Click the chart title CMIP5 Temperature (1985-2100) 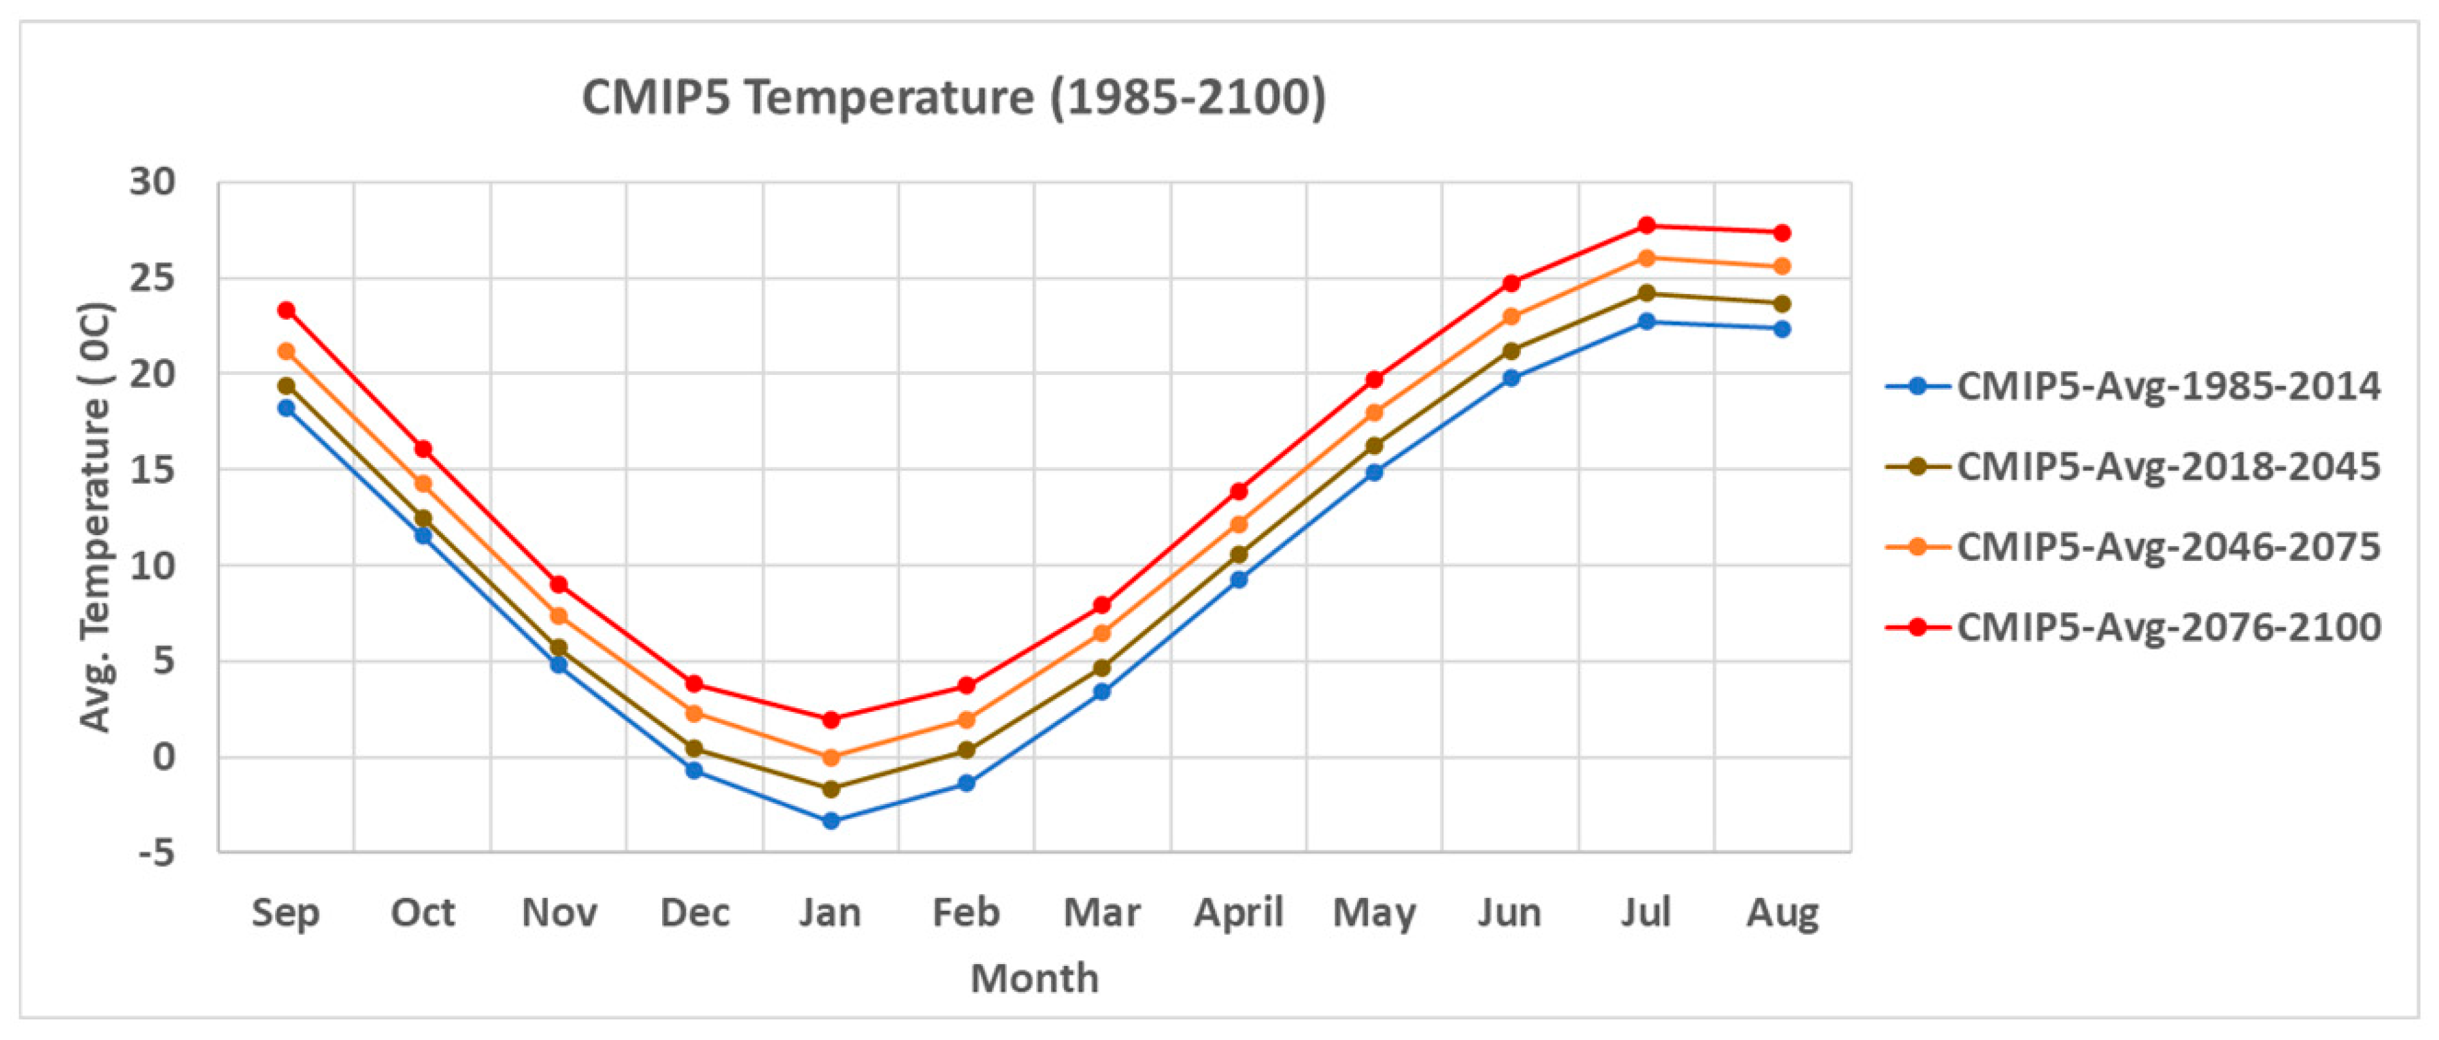click(953, 98)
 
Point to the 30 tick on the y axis click(154, 182)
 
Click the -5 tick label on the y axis click(157, 852)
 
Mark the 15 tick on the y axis click(154, 470)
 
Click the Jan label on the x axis click(831, 913)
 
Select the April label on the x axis click(1238, 913)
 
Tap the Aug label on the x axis click(1782, 913)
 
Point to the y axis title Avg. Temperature click(94, 517)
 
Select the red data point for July click(1646, 225)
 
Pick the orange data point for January click(831, 758)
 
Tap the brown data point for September click(286, 385)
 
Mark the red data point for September click(286, 310)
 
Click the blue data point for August click(1782, 329)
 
